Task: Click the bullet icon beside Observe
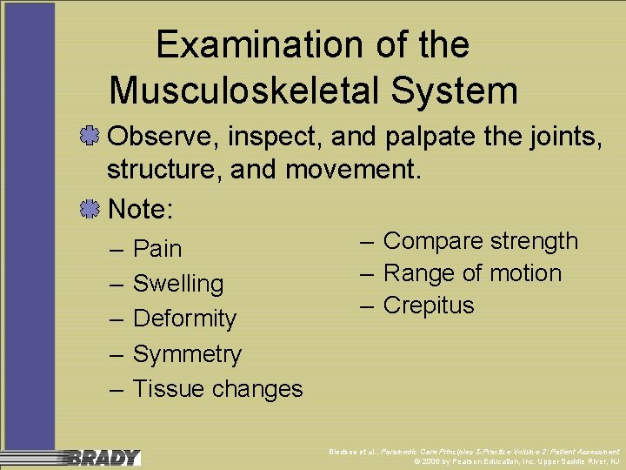(89, 136)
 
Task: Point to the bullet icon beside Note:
(89, 209)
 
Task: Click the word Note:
(141, 209)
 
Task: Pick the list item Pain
(157, 249)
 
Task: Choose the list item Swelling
(177, 284)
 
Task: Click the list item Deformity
(184, 319)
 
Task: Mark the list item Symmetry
(187, 354)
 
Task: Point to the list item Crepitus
(429, 305)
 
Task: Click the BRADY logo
(104, 457)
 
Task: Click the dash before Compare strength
(366, 241)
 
